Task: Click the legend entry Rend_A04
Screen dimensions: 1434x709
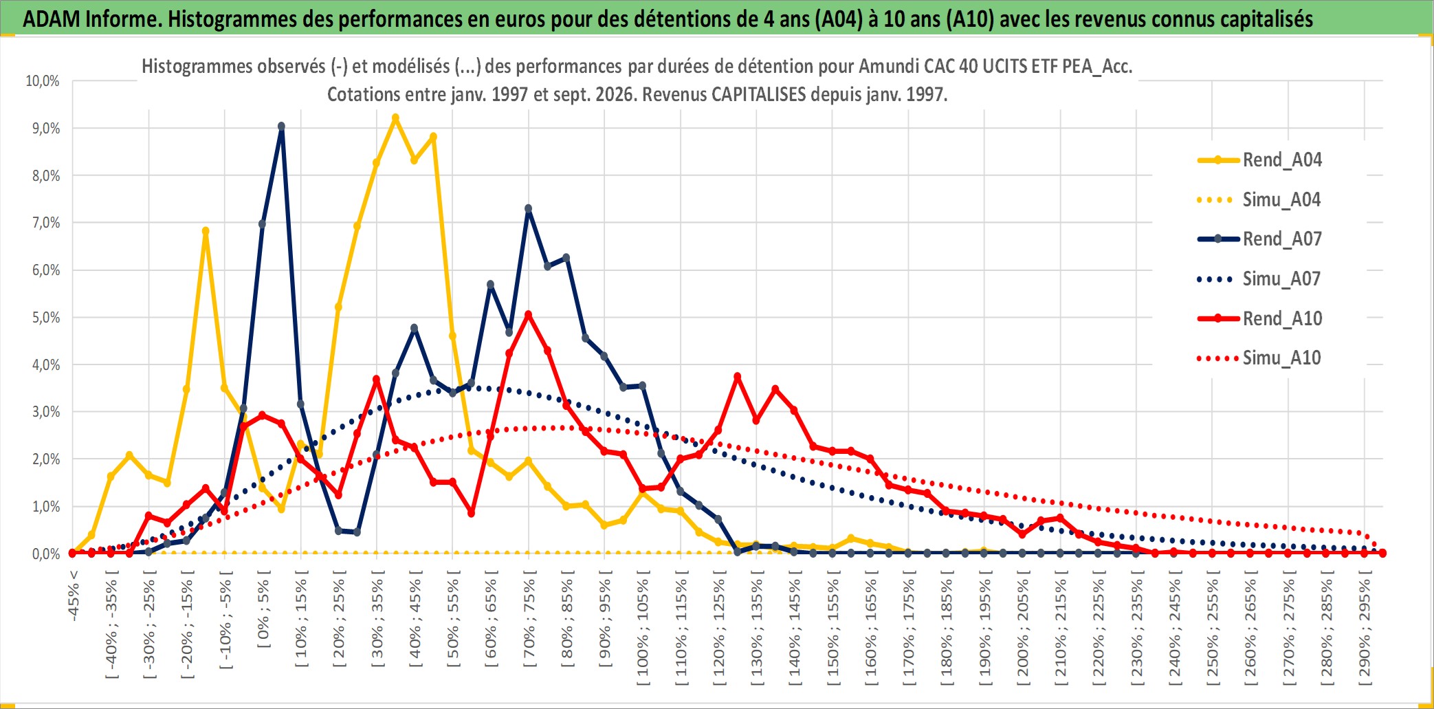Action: pos(1259,160)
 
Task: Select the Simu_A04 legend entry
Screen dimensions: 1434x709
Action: pos(1259,199)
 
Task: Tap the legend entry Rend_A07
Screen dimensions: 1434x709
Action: pos(1259,239)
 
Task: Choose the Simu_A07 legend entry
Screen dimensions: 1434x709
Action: pos(1259,279)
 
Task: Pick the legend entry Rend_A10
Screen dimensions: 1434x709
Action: pos(1259,318)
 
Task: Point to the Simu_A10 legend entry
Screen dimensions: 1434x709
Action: pos(1259,358)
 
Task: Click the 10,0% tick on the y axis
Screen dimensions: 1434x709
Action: pos(43,81)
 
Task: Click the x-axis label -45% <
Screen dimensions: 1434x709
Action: pos(74,596)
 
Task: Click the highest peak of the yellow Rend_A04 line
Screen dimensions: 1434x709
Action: pos(395,118)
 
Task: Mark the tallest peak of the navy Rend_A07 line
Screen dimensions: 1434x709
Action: pos(281,127)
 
